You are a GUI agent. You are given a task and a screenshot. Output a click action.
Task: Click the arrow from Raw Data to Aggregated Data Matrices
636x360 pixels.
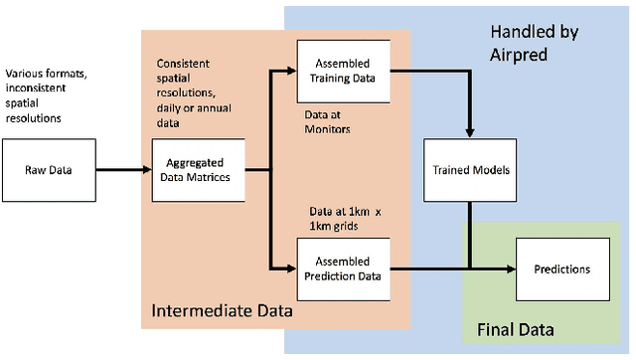pos(114,169)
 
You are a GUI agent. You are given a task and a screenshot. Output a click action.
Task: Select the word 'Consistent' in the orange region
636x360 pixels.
pos(183,64)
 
